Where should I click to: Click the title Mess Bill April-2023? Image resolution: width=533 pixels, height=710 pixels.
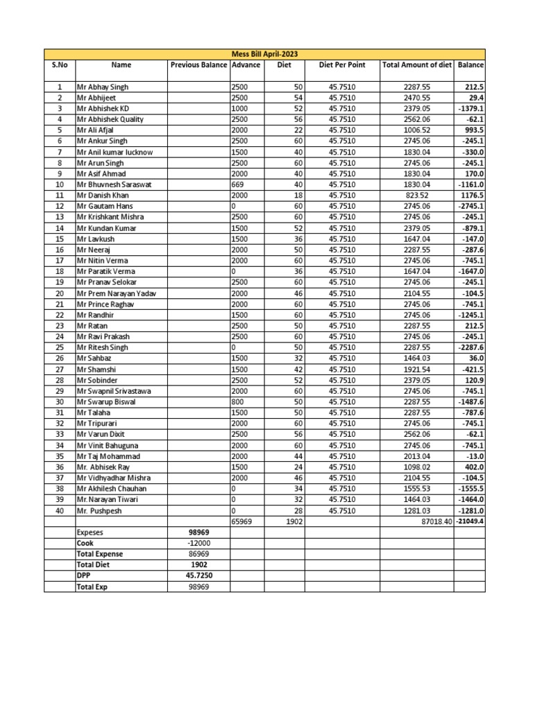tap(264, 54)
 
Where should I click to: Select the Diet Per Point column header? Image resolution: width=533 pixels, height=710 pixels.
tap(342, 65)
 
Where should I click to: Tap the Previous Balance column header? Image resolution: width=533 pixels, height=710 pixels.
tap(198, 65)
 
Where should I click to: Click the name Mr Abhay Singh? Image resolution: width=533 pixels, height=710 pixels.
tap(103, 87)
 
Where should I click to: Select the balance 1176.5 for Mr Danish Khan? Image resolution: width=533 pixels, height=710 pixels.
tap(471, 196)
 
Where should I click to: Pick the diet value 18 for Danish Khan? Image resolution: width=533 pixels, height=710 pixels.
tap(298, 196)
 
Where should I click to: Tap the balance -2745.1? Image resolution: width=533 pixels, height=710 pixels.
tap(470, 207)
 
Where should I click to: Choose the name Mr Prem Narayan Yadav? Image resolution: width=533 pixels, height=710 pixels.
tap(116, 293)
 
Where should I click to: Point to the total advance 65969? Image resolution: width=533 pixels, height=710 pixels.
tap(242, 521)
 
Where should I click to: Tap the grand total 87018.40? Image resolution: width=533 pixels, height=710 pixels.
tap(432, 521)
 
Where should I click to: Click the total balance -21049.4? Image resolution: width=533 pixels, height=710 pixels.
tap(470, 521)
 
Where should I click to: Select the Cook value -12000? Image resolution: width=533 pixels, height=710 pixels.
tap(198, 544)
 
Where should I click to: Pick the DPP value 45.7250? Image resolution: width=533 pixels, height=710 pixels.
tap(198, 575)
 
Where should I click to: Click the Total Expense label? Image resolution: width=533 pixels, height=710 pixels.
tap(99, 554)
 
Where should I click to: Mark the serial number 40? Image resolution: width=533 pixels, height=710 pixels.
tap(60, 510)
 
